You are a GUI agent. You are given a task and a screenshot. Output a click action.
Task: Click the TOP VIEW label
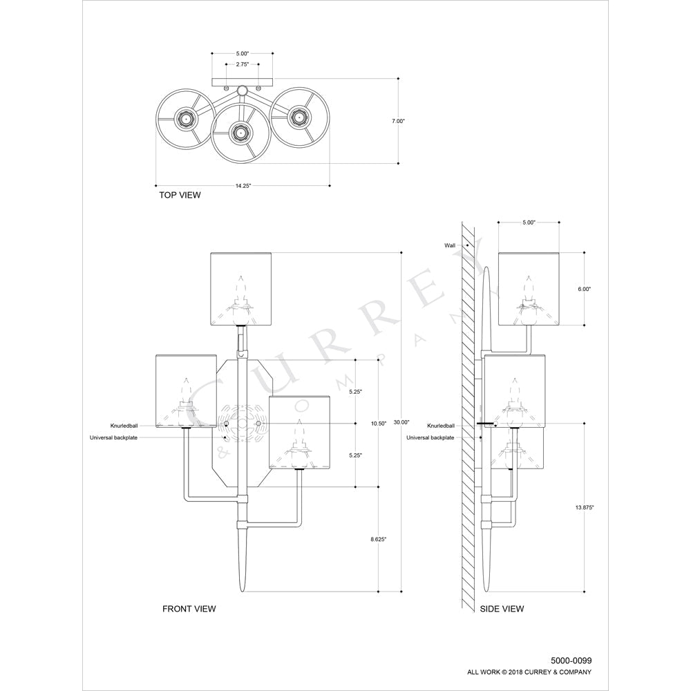pos(180,196)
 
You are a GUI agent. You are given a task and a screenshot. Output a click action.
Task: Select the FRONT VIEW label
pos(189,609)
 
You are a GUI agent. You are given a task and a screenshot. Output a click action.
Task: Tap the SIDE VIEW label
pos(502,609)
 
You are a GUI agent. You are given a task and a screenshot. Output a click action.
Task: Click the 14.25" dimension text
pos(241,185)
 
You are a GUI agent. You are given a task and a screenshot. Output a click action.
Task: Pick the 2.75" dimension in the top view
pos(242,64)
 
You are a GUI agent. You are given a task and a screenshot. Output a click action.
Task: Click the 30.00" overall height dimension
pos(401,422)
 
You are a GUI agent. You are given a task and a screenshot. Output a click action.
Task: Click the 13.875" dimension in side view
pos(584,507)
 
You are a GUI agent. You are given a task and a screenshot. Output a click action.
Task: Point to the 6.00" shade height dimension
pos(584,290)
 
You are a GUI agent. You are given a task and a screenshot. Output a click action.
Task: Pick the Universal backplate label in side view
pos(430,437)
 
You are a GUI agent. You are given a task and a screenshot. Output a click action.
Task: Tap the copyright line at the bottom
pos(530,672)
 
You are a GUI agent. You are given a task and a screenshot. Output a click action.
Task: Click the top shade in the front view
pos(242,288)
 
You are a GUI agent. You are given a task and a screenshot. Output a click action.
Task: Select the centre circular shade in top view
pos(240,131)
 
